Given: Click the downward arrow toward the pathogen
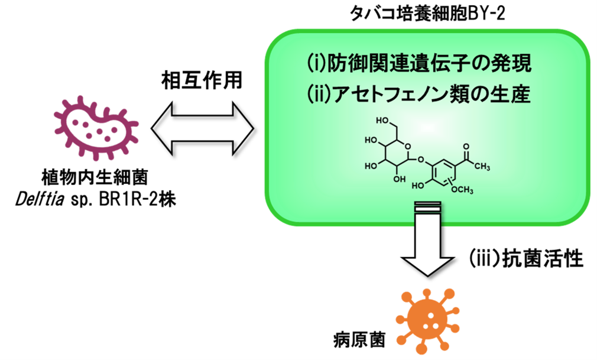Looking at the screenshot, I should [x=426, y=242].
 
